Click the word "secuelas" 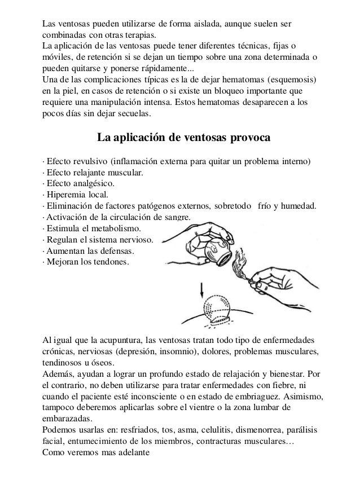pyautogui.click(x=133, y=113)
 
